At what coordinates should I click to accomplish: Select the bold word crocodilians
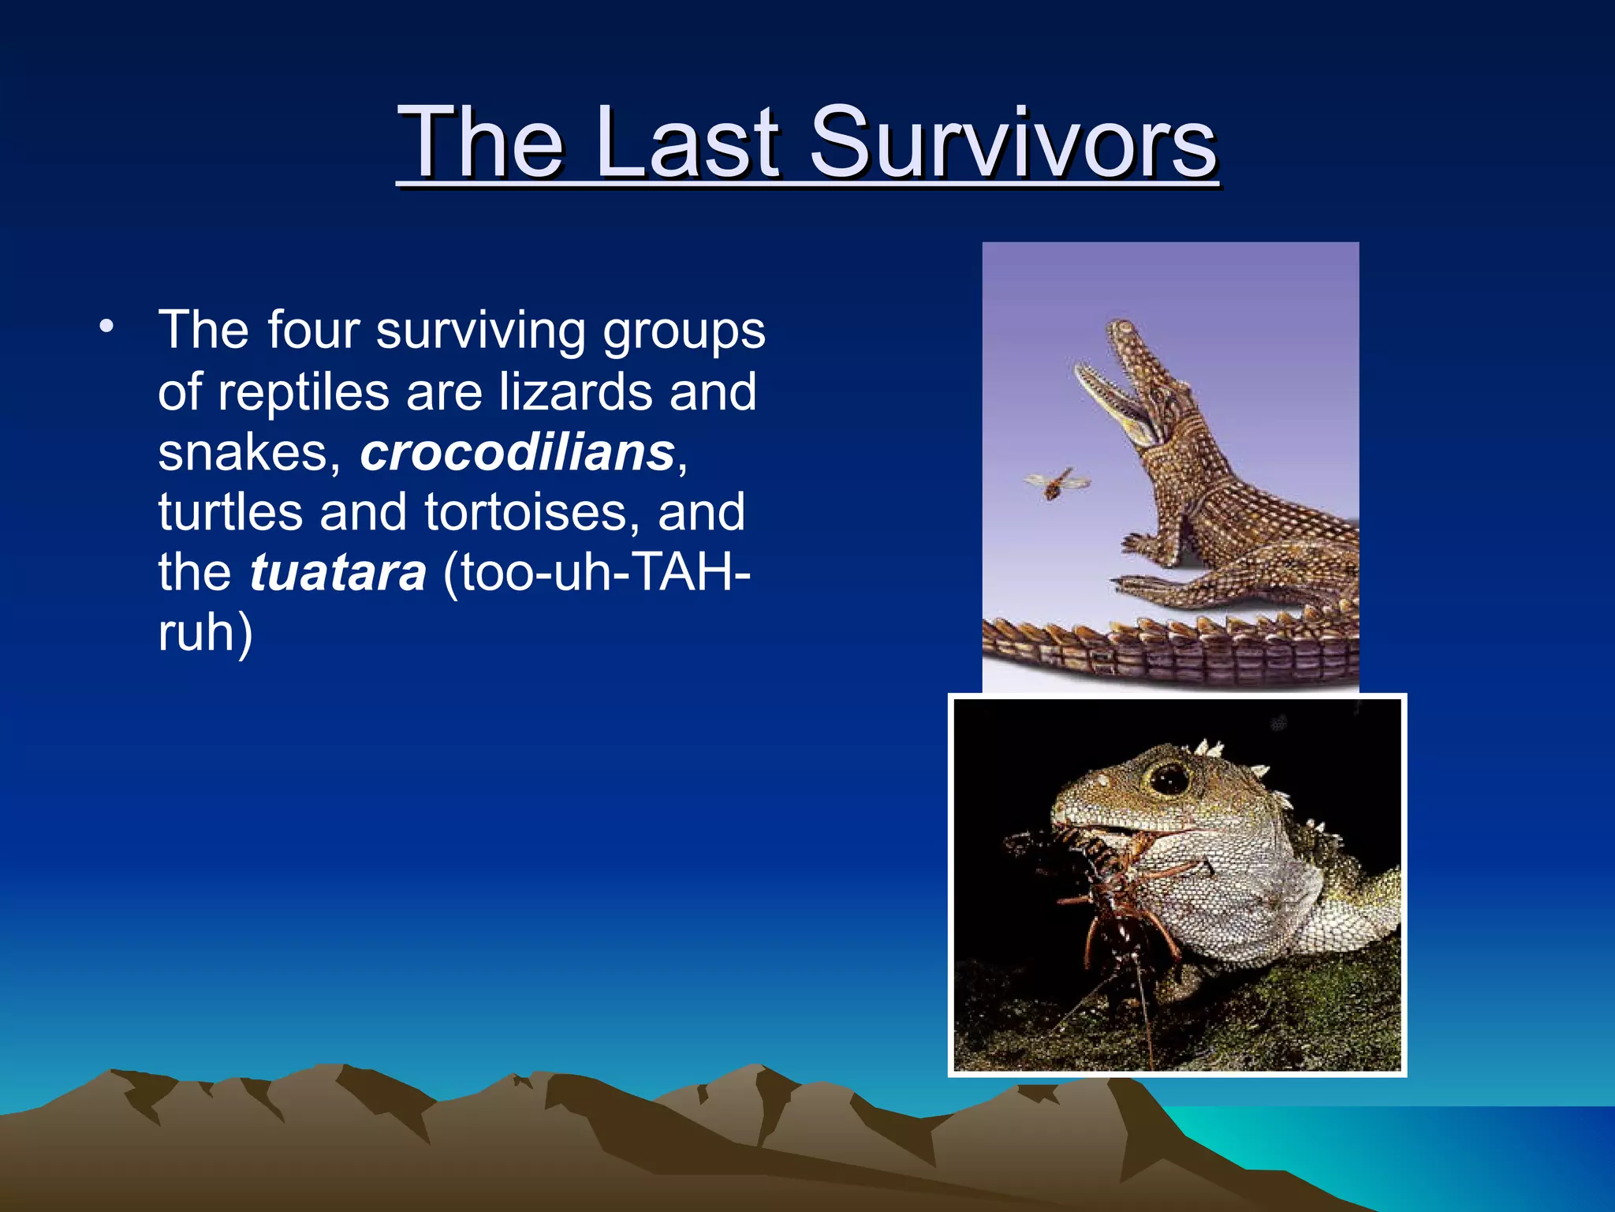point(517,453)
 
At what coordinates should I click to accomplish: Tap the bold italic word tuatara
point(338,573)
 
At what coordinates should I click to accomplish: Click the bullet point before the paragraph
point(106,325)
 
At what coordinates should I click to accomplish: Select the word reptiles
point(304,392)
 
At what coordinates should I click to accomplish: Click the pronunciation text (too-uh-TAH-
point(596,573)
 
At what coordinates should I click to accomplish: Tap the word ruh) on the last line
point(205,633)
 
